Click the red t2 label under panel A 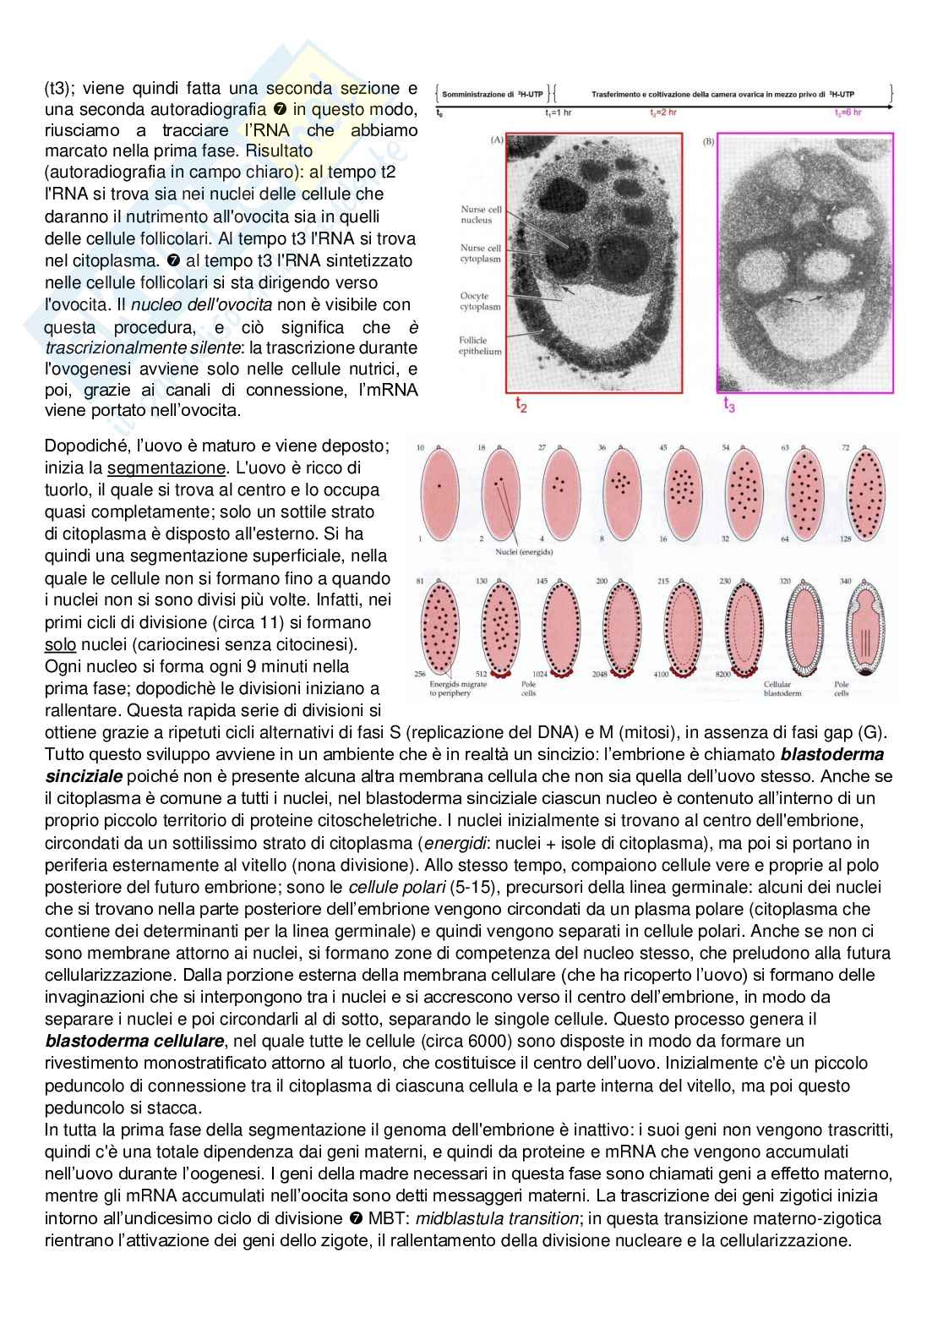tap(521, 406)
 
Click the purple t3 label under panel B tap(728, 406)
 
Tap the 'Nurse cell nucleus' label tap(481, 215)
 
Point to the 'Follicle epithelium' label tap(480, 346)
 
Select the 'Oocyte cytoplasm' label tap(480, 302)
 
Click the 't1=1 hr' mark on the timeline tap(558, 112)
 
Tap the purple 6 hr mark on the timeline tap(848, 112)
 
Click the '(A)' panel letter tap(497, 140)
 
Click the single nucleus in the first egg tap(439, 486)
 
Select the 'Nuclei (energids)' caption tap(524, 552)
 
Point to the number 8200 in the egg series tap(724, 675)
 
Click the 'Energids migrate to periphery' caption tap(458, 689)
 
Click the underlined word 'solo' tap(60, 644)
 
